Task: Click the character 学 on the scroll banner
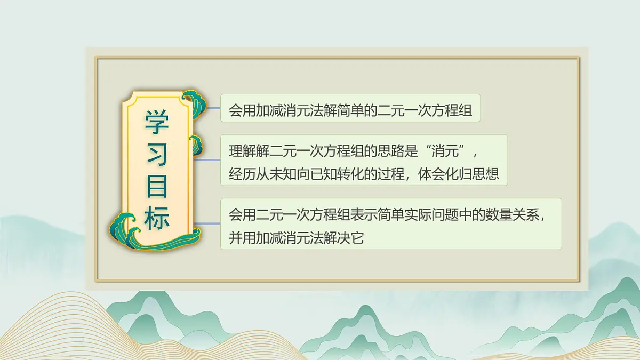[157, 123]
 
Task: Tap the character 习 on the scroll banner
[157, 154]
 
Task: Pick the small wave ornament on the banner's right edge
[196, 143]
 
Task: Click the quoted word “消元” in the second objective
[446, 151]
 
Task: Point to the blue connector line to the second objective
[208, 159]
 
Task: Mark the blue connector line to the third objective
[208, 223]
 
